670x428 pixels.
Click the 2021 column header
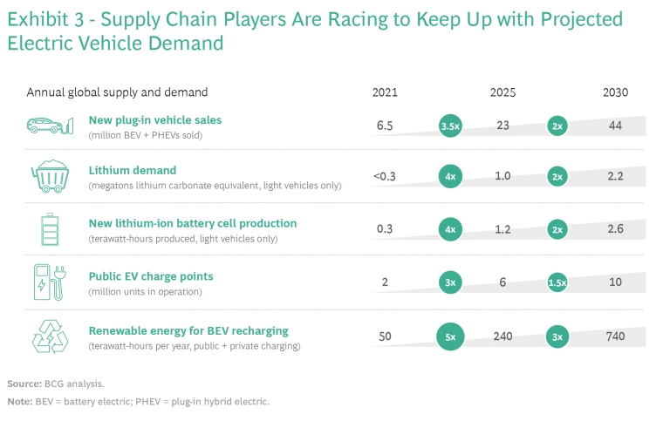pos(385,92)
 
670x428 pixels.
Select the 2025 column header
pos(502,92)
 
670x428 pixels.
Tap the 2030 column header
pos(615,92)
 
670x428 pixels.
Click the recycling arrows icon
pos(48,336)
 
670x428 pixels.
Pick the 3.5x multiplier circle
pos(450,126)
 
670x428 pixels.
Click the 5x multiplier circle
pos(450,337)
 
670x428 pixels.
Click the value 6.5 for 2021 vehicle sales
pos(385,126)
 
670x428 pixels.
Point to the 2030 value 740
pos(615,336)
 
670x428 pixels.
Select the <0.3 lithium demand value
pos(385,177)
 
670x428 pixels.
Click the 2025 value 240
pos(502,336)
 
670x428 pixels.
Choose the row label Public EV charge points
pos(151,276)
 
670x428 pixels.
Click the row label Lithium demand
pos(133,171)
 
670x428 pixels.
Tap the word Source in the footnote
pos(24,384)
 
